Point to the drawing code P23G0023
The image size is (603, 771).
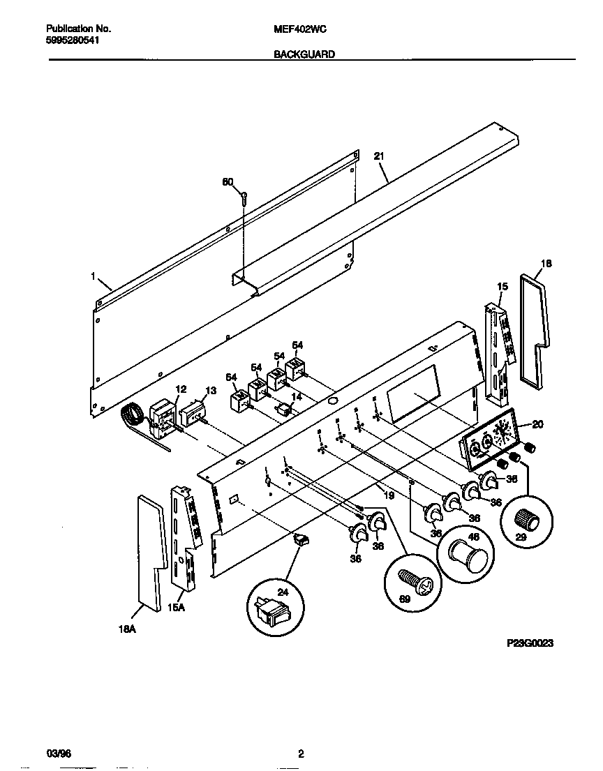click(530, 643)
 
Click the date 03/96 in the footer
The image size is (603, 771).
click(59, 753)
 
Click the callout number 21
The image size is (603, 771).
click(379, 156)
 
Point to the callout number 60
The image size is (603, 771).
click(227, 182)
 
